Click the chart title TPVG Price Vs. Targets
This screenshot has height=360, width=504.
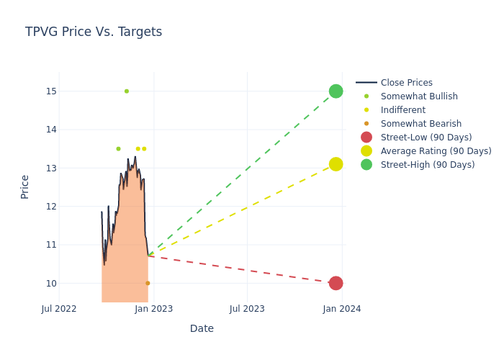click(x=94, y=32)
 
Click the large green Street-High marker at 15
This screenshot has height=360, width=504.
click(x=336, y=91)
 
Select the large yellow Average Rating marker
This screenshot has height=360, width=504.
click(x=336, y=164)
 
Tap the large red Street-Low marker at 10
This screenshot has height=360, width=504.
click(x=336, y=283)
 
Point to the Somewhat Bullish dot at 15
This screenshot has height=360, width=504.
click(x=127, y=91)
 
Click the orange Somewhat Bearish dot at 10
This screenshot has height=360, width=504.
click(x=148, y=283)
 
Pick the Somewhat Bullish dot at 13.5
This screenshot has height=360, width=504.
click(x=118, y=149)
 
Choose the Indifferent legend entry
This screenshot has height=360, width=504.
click(x=402, y=110)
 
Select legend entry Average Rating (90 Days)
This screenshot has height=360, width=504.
click(x=436, y=151)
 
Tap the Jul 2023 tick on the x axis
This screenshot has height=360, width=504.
click(x=247, y=309)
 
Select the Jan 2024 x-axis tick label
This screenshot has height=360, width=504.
click(x=342, y=309)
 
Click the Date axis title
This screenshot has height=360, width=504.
click(x=202, y=328)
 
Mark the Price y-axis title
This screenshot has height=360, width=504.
click(x=25, y=186)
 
